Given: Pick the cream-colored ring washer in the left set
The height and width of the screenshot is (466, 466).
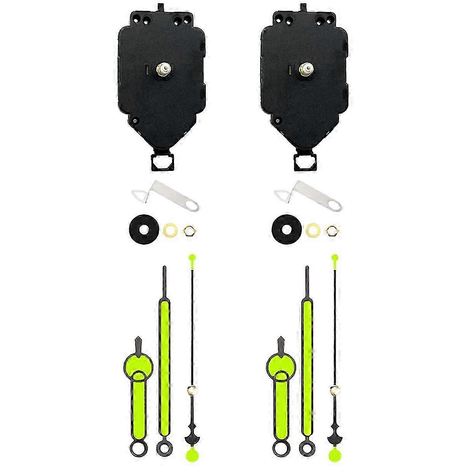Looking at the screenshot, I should point(171,230).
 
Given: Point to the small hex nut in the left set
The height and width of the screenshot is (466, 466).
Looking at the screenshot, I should point(189,230).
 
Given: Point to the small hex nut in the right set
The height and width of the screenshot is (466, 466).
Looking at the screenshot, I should point(332,230).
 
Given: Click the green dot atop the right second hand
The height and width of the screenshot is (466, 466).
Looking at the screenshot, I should point(334,257).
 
